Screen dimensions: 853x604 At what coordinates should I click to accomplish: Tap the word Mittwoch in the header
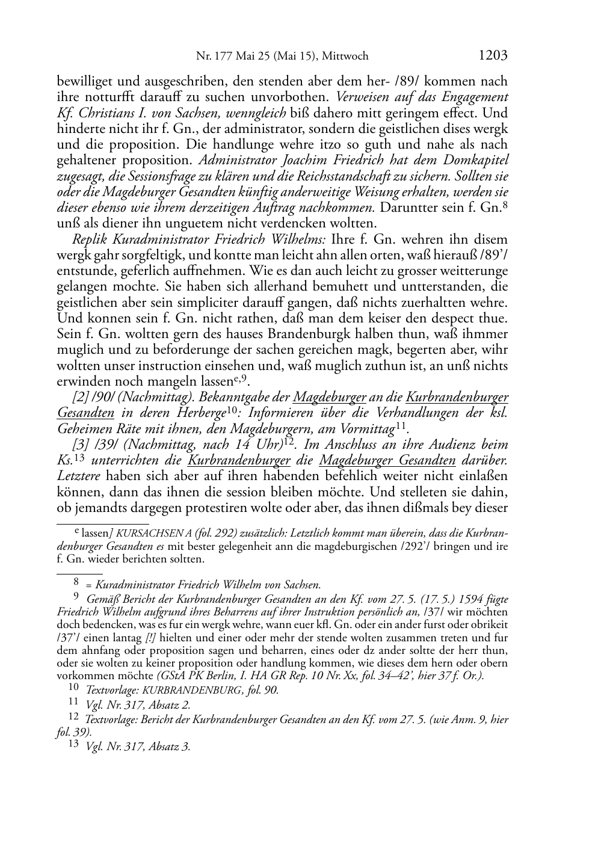click(x=345, y=57)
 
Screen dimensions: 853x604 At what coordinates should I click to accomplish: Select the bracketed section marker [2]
click(x=79, y=398)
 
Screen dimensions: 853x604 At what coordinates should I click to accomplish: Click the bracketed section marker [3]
click(x=79, y=445)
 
